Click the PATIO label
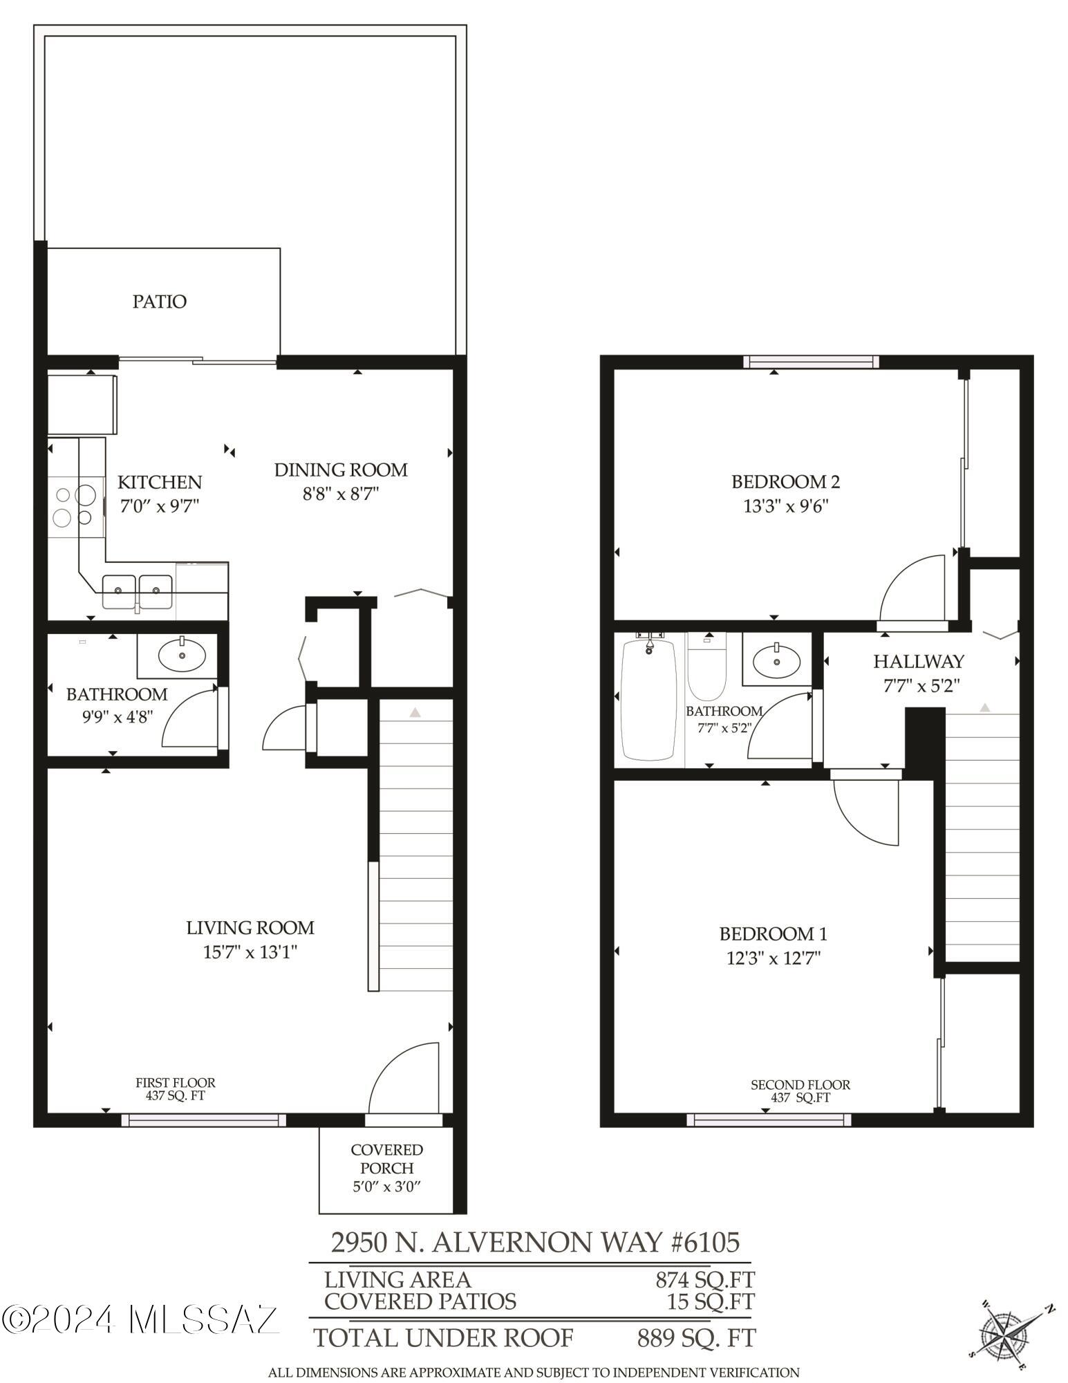160,301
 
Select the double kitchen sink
137,591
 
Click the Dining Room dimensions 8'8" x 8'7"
341,494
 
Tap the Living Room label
250,927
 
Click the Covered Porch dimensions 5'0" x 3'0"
386,1187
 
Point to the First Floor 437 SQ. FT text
175,1089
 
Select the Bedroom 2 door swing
911,588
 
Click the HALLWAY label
918,661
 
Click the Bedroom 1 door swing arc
864,813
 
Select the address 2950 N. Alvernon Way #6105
535,1242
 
